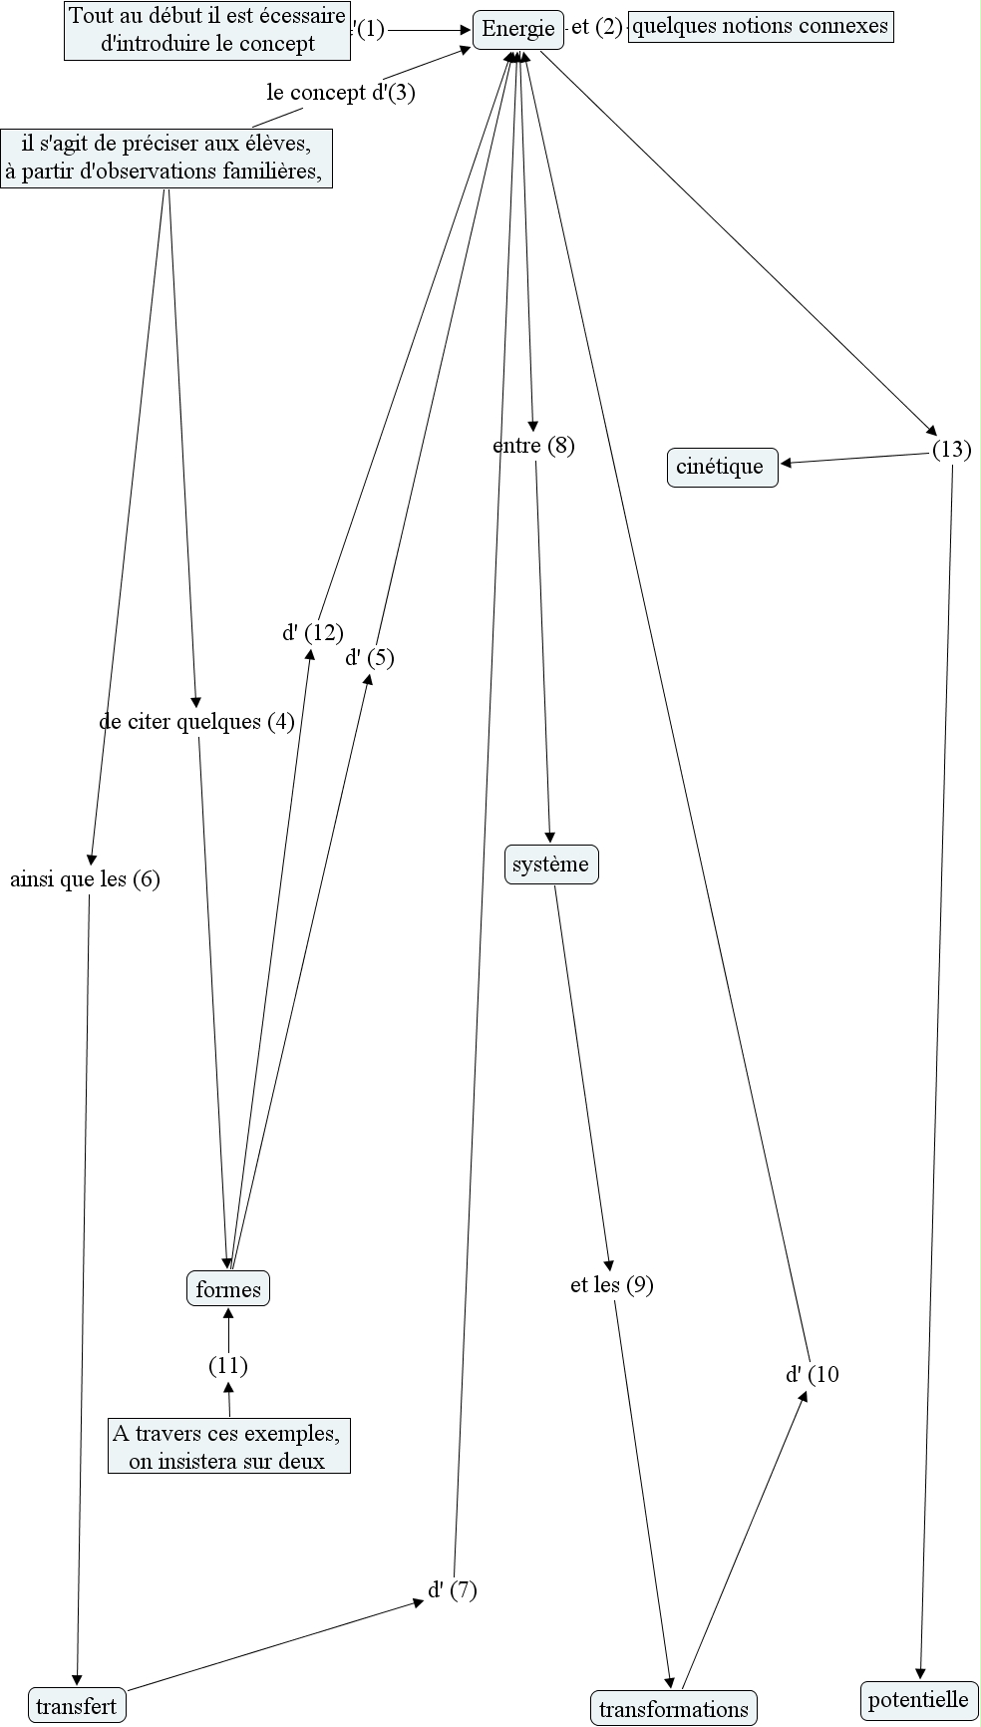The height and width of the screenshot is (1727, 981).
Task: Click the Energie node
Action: (517, 29)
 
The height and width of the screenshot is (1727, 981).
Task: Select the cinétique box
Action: (721, 467)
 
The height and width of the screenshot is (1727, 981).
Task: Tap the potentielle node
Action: (917, 1699)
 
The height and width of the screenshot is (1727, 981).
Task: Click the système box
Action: (550, 864)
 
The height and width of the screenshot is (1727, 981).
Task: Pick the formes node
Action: (228, 1289)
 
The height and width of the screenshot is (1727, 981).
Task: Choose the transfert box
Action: (77, 1706)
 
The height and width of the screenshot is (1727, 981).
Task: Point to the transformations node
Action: (673, 1709)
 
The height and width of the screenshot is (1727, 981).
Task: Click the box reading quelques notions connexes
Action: (761, 26)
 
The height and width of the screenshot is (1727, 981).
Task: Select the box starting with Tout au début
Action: (207, 31)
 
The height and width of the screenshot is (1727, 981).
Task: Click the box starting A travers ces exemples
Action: (228, 1447)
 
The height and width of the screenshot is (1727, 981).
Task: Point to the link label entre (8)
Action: (533, 446)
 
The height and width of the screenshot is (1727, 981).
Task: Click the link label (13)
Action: (951, 450)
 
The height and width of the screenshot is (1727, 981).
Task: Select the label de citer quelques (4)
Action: (197, 722)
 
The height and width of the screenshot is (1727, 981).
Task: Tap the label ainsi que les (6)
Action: (85, 879)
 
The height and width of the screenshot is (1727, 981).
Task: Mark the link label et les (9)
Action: (611, 1285)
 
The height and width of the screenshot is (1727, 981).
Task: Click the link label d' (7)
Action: (453, 1590)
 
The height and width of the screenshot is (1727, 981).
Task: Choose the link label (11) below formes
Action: (228, 1365)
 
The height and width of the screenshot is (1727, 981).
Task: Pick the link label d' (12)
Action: (312, 632)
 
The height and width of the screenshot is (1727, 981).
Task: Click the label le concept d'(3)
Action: (341, 93)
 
